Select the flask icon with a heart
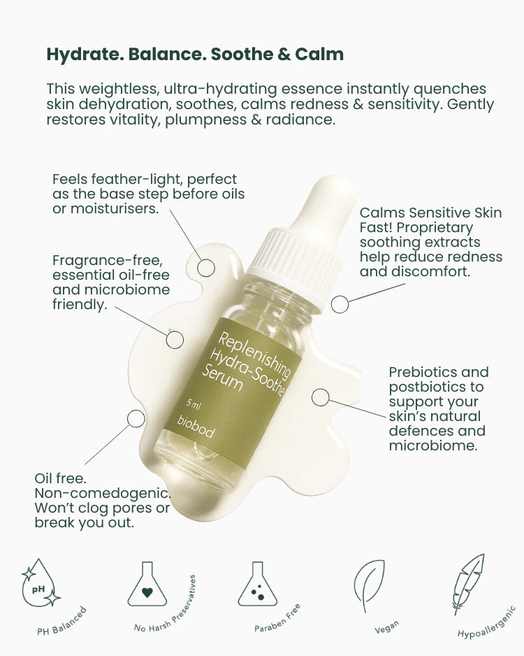pyautogui.click(x=147, y=583)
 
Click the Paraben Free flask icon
pyautogui.click(x=257, y=583)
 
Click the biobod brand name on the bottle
pyautogui.click(x=196, y=427)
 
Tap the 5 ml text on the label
pyautogui.click(x=194, y=405)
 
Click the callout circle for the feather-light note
pyautogui.click(x=205, y=266)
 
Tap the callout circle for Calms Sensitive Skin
pyautogui.click(x=340, y=304)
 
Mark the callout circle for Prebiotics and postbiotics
pyautogui.click(x=320, y=398)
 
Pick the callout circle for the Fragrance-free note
pyautogui.click(x=175, y=339)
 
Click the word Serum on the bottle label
pyautogui.click(x=221, y=378)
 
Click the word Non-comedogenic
pyautogui.click(x=102, y=493)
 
